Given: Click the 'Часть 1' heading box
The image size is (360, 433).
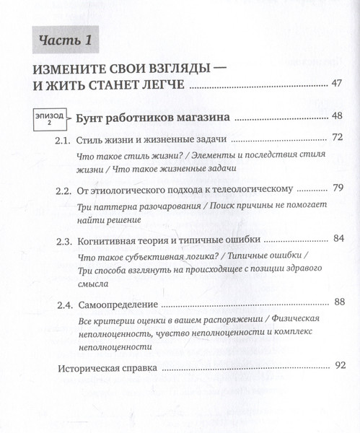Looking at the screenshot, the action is [66, 40].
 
